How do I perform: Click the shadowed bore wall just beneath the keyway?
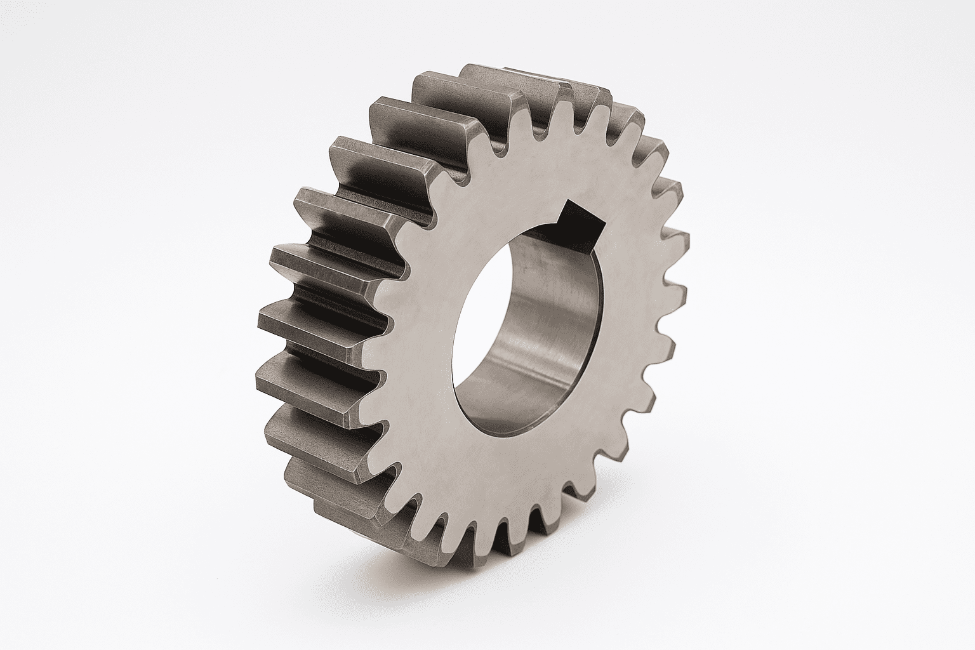546,254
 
